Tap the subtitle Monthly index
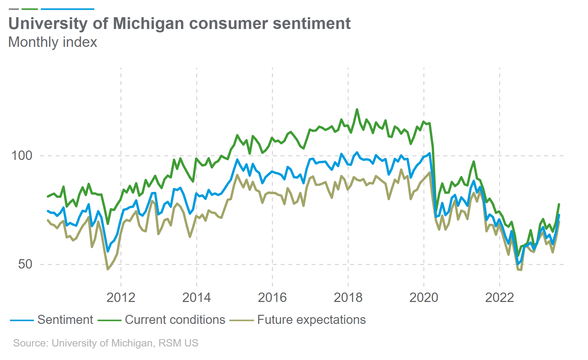(x=53, y=42)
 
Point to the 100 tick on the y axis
(x=22, y=156)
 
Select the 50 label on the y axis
(x=25, y=264)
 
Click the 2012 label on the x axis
(x=121, y=298)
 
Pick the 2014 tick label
(x=197, y=298)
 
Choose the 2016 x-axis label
(x=272, y=298)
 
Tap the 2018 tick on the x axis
(x=348, y=298)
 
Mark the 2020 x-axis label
(x=423, y=298)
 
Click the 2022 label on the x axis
(x=499, y=298)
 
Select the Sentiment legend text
(x=65, y=320)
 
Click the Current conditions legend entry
(x=175, y=320)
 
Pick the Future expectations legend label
(x=311, y=320)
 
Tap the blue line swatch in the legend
(x=22, y=320)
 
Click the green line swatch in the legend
(x=110, y=320)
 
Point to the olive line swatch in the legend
(x=241, y=320)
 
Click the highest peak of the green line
(x=357, y=109)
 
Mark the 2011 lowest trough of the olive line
(x=108, y=269)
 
